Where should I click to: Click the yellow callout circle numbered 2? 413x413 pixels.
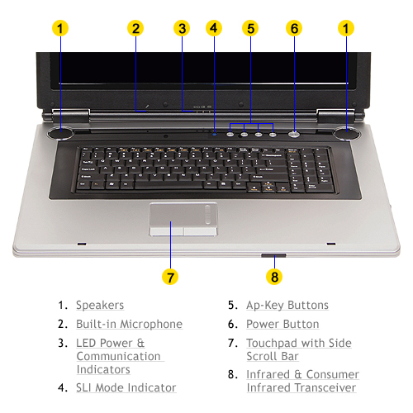click(x=135, y=28)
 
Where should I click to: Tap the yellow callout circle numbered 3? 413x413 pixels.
click(x=182, y=28)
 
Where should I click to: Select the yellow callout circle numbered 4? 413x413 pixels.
click(x=214, y=28)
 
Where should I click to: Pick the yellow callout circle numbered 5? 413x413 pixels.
click(x=250, y=28)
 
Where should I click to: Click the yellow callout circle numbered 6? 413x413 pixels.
click(x=294, y=28)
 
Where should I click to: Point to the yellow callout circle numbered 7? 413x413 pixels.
click(x=170, y=277)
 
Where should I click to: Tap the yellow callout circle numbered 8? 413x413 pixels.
click(x=274, y=277)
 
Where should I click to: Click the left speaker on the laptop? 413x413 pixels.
click(x=60, y=133)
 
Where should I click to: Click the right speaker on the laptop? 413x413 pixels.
click(x=346, y=134)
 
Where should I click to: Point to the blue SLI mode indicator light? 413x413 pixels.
click(x=215, y=135)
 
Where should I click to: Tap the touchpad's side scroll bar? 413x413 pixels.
click(x=208, y=215)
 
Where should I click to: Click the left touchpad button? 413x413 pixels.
click(x=167, y=231)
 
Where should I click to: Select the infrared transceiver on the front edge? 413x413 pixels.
click(x=273, y=255)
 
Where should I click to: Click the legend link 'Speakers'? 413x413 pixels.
click(x=100, y=306)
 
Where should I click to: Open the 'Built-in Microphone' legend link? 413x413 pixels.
click(x=130, y=324)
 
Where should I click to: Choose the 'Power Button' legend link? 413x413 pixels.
click(x=282, y=324)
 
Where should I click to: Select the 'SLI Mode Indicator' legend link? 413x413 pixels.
click(x=126, y=387)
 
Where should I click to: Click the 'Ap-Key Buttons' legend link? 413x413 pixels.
click(x=287, y=306)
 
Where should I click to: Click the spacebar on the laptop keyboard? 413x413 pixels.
click(x=169, y=184)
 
